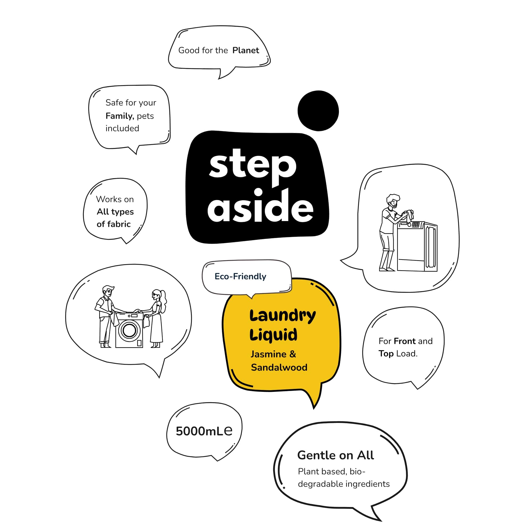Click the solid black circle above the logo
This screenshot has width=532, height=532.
318,111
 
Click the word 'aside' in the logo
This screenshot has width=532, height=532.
260,206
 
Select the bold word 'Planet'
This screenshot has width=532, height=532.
246,50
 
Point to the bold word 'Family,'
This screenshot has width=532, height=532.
120,116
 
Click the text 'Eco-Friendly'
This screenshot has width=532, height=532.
240,276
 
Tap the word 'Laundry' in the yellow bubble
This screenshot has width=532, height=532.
282,315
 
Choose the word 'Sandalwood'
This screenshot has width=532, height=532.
279,367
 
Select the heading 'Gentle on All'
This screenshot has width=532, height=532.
336,455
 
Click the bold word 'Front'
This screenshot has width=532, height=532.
405,341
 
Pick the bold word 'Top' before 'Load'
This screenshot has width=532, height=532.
386,354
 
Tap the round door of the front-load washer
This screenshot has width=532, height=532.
129,330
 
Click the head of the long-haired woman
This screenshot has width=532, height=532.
157,296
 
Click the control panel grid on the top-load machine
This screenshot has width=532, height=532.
416,225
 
